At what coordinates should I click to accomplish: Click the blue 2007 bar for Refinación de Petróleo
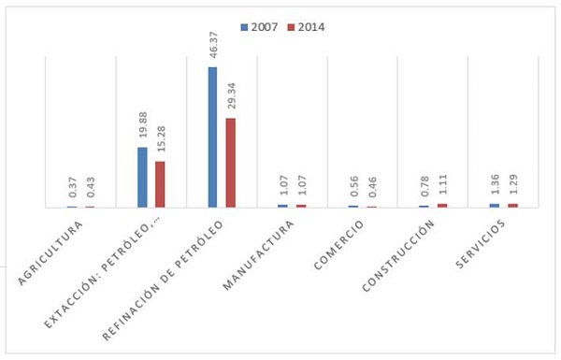[x=212, y=137]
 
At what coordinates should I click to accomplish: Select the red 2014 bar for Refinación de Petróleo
[x=231, y=162]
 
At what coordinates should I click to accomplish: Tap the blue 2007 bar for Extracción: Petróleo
[x=142, y=177]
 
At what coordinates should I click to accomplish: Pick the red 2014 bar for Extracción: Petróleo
[x=160, y=183]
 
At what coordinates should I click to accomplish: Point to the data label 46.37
[x=212, y=47]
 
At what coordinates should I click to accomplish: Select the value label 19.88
[x=142, y=127]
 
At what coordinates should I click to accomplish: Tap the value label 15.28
[x=160, y=141]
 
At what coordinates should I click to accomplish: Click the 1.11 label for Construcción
[x=442, y=186]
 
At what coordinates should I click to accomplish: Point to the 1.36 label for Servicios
[x=495, y=186]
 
